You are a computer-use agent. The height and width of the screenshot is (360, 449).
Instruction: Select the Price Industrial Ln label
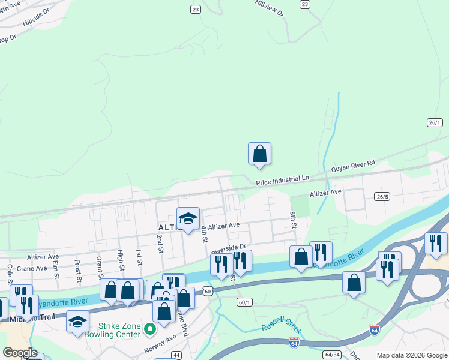[x=282, y=179]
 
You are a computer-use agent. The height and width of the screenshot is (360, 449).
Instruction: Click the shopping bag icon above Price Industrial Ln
[x=259, y=154]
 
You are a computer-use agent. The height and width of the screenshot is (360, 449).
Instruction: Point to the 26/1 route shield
[x=435, y=122]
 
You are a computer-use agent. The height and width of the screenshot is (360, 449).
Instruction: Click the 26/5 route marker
[x=382, y=196]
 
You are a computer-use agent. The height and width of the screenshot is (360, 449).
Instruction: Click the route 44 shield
[x=176, y=355]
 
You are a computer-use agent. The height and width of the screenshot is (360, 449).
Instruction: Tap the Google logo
[x=20, y=353]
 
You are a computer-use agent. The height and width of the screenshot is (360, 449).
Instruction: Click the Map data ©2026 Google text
[x=412, y=355]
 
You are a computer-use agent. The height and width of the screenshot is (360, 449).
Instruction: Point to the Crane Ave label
[x=32, y=268]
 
